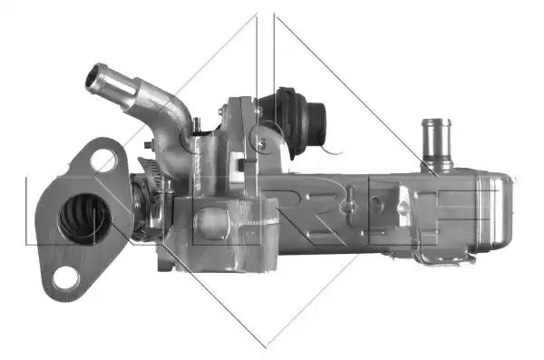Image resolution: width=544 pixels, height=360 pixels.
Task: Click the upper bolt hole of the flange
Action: coord(103,160)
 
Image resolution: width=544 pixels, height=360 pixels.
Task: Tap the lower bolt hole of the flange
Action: coord(65,277)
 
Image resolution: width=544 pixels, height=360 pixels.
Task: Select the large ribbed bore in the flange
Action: coord(85,219)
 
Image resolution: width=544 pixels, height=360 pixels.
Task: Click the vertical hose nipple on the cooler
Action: coord(436,144)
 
